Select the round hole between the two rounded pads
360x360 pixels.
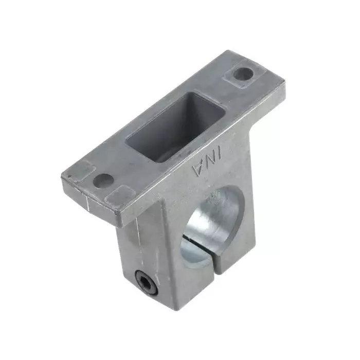103,181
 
